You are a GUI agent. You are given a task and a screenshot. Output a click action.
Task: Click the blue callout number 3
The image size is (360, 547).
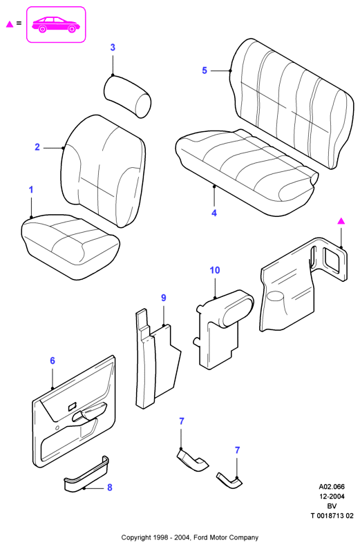click(x=113, y=48)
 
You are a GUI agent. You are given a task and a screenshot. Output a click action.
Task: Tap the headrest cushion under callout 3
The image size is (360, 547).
click(x=127, y=95)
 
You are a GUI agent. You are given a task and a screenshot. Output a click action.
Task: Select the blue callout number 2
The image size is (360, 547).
click(x=37, y=147)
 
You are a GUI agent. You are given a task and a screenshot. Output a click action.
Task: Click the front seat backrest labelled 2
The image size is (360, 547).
click(x=103, y=171)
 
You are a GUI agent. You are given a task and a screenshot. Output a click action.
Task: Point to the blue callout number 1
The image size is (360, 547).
click(x=31, y=190)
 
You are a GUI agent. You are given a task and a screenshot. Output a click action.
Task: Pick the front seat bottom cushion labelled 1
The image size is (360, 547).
click(x=70, y=247)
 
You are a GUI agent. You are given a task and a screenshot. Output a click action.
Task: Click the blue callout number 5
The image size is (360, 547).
click(x=205, y=70)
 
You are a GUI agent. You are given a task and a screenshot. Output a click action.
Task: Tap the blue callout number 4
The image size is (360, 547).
click(x=214, y=213)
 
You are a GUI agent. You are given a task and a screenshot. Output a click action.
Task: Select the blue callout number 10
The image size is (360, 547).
click(x=215, y=270)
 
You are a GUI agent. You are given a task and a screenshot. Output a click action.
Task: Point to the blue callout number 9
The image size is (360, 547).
click(x=163, y=298)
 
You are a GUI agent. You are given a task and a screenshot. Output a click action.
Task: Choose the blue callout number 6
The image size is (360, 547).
click(x=53, y=361)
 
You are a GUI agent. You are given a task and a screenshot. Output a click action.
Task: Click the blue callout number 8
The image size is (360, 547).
click(x=110, y=488)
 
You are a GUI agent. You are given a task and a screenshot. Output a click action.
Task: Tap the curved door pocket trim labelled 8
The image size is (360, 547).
click(x=86, y=475)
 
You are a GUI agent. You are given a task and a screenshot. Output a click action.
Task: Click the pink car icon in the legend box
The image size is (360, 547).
click(x=56, y=24)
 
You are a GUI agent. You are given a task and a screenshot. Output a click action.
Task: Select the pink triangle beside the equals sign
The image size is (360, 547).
click(x=10, y=24)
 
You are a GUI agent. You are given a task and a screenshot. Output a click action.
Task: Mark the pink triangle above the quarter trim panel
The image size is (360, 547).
click(x=341, y=221)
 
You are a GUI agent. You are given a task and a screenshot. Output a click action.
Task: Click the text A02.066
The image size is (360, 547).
click(x=332, y=487)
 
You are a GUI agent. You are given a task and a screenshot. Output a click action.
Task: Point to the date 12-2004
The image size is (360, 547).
click(x=332, y=497)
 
